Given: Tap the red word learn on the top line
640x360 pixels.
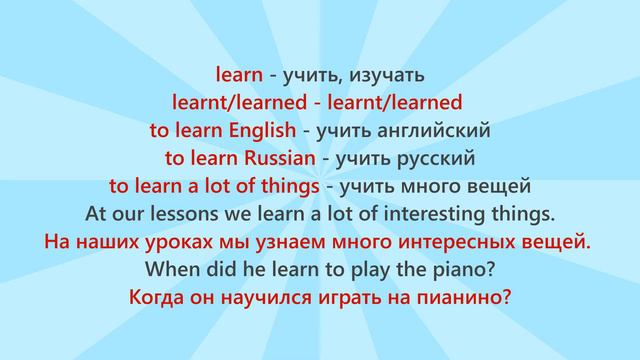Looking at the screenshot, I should [239, 74].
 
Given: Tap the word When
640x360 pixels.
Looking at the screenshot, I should [171, 269].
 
